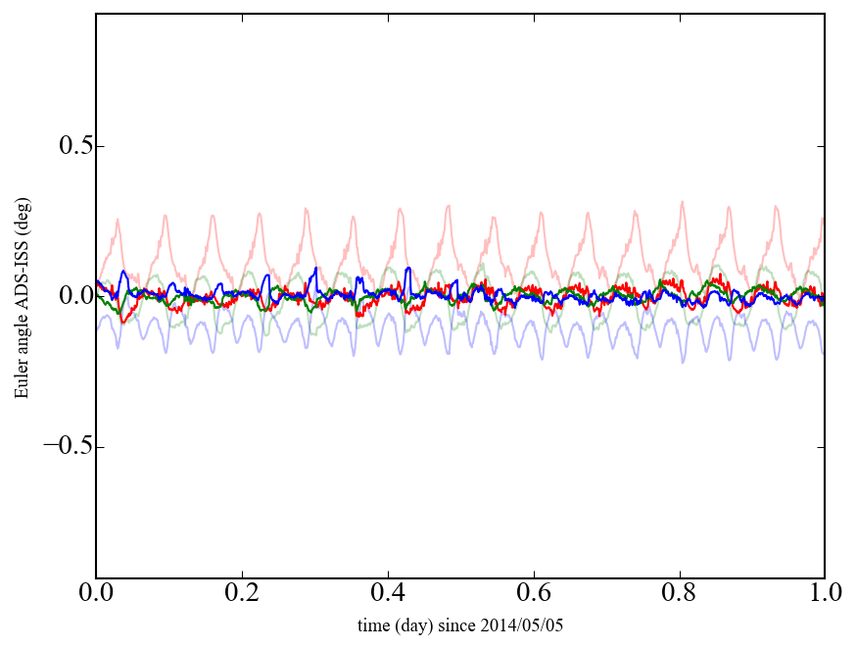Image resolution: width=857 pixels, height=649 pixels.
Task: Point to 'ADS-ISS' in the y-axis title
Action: coord(22,283)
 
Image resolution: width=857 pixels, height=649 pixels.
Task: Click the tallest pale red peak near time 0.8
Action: coord(682,203)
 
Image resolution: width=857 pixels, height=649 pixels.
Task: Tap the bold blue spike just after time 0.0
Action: coord(123,272)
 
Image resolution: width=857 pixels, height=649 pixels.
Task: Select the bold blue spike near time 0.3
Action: coord(314,268)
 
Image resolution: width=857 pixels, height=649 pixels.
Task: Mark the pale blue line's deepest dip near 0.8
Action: coord(683,362)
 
